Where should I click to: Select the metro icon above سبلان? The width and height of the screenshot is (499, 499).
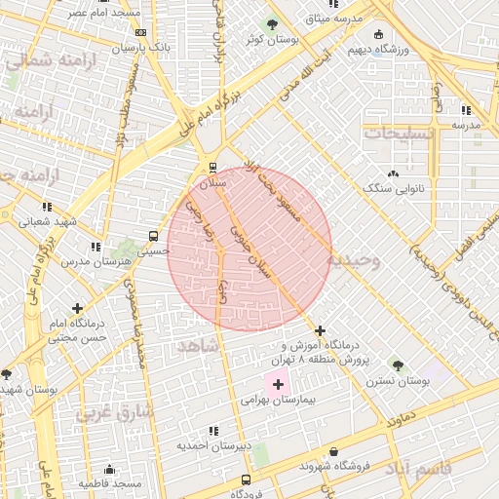(x=212, y=167)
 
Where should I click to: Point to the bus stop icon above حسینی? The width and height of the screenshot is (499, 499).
(x=153, y=235)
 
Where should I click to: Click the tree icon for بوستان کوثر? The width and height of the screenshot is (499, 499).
(x=270, y=24)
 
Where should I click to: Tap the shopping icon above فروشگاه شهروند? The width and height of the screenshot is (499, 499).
(x=335, y=452)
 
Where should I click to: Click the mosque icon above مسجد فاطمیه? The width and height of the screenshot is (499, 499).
(x=110, y=469)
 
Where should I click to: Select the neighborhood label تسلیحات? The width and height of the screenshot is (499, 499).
(x=395, y=134)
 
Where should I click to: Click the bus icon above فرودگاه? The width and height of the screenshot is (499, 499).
(x=245, y=480)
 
